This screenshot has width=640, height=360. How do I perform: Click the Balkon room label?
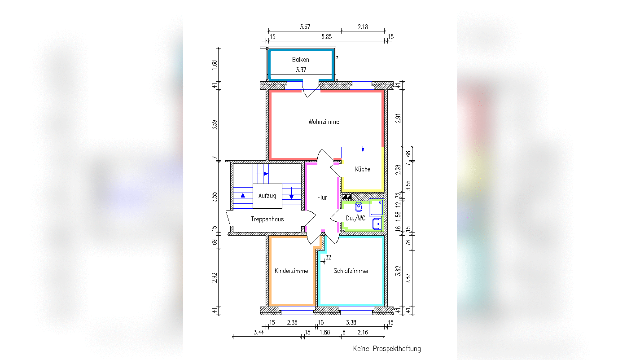click(x=300, y=60)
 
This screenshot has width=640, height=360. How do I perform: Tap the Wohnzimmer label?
click(x=325, y=122)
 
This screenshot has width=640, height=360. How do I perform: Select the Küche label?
click(x=362, y=169)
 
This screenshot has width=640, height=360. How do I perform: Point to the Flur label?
click(x=322, y=198)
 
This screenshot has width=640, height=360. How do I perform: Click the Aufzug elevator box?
click(x=267, y=196)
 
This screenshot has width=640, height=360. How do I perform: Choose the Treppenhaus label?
click(x=267, y=219)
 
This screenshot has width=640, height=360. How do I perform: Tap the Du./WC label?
click(x=355, y=218)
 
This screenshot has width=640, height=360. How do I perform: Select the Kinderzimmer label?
click(x=292, y=271)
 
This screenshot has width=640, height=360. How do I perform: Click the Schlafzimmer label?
click(x=351, y=271)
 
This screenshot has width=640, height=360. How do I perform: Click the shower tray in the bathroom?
click(x=376, y=207)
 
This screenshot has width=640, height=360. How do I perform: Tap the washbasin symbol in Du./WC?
click(x=377, y=224)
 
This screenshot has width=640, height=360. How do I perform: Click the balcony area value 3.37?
click(x=301, y=70)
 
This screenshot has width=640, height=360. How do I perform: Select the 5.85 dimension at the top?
click(x=327, y=36)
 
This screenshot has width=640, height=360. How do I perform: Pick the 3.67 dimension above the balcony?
click(x=305, y=27)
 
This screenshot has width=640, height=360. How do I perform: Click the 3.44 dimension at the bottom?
click(x=259, y=332)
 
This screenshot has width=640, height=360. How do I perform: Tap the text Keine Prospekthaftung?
click(x=387, y=349)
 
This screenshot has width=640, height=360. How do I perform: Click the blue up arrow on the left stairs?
click(x=243, y=199)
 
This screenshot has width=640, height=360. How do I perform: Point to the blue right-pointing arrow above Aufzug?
click(x=262, y=174)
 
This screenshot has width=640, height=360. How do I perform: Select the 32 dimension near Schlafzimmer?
click(x=328, y=257)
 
